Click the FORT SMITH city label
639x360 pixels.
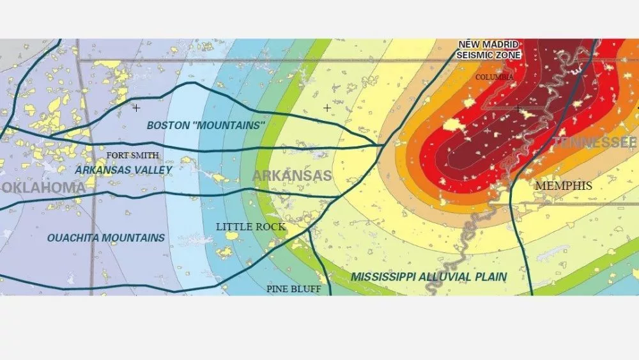click(133, 155)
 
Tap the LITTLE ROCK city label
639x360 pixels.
click(250, 227)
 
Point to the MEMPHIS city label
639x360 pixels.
click(564, 186)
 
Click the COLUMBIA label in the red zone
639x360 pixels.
click(494, 77)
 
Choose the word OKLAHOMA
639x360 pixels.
click(43, 187)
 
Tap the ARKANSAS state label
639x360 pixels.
click(292, 176)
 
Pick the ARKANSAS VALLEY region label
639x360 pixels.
click(123, 170)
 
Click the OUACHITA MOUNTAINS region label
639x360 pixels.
click(106, 238)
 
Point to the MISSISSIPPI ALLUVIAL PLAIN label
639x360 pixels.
click(429, 277)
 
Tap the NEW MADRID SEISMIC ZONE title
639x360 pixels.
click(489, 50)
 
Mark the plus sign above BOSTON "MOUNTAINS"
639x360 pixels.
click(136, 108)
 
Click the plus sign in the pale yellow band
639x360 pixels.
click(327, 108)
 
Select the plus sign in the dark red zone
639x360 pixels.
click(518, 109)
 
